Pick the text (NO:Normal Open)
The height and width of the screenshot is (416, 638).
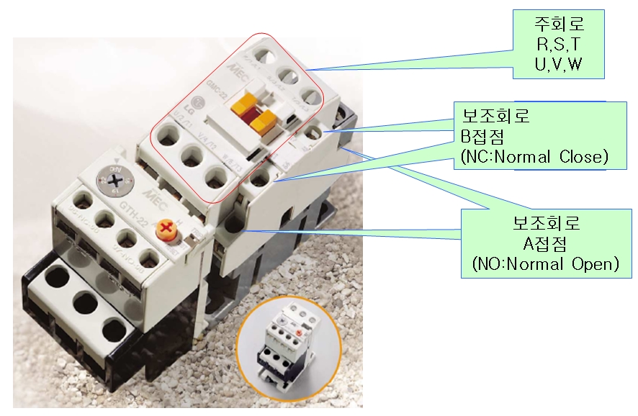(545, 264)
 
